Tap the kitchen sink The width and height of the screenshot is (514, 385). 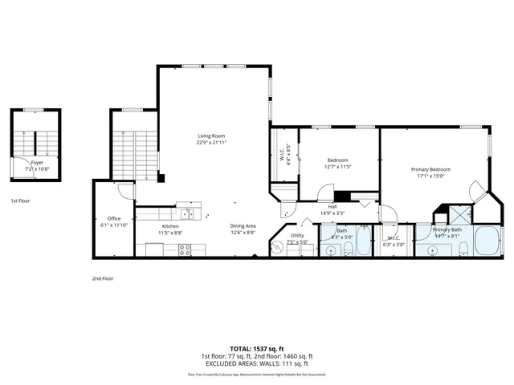point(187,213)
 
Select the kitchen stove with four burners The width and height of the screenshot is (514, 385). point(185,250)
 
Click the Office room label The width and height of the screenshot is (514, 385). point(113,218)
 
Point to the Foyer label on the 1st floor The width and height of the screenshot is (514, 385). point(37,162)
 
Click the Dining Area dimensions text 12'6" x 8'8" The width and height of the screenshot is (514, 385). point(243,233)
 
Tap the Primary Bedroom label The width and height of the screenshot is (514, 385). point(430,169)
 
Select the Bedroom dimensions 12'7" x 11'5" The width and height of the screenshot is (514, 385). point(338,167)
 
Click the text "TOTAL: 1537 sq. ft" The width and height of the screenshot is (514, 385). point(257,348)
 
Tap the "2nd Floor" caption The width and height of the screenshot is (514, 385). point(103,278)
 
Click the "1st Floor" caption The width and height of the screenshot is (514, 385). point(22,201)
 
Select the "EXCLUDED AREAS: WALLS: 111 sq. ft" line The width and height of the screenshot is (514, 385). point(257,365)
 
